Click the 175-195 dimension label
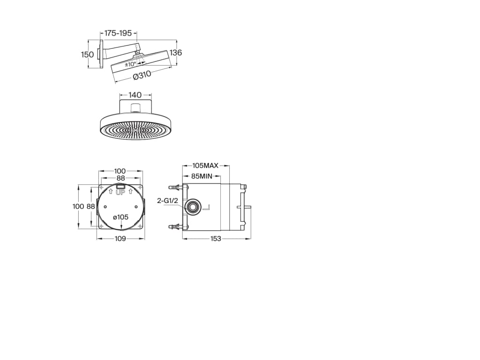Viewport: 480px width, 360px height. (118, 33)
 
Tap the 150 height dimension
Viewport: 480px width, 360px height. (87, 54)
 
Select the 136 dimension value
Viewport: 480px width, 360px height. (176, 52)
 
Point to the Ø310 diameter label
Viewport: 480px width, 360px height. (142, 75)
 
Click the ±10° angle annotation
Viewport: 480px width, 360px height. (130, 64)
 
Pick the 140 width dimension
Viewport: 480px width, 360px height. (135, 95)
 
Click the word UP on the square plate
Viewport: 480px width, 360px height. (120, 193)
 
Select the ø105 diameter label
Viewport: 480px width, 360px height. (120, 217)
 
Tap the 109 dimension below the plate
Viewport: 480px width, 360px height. (120, 239)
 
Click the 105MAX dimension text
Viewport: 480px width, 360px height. (205, 165)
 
